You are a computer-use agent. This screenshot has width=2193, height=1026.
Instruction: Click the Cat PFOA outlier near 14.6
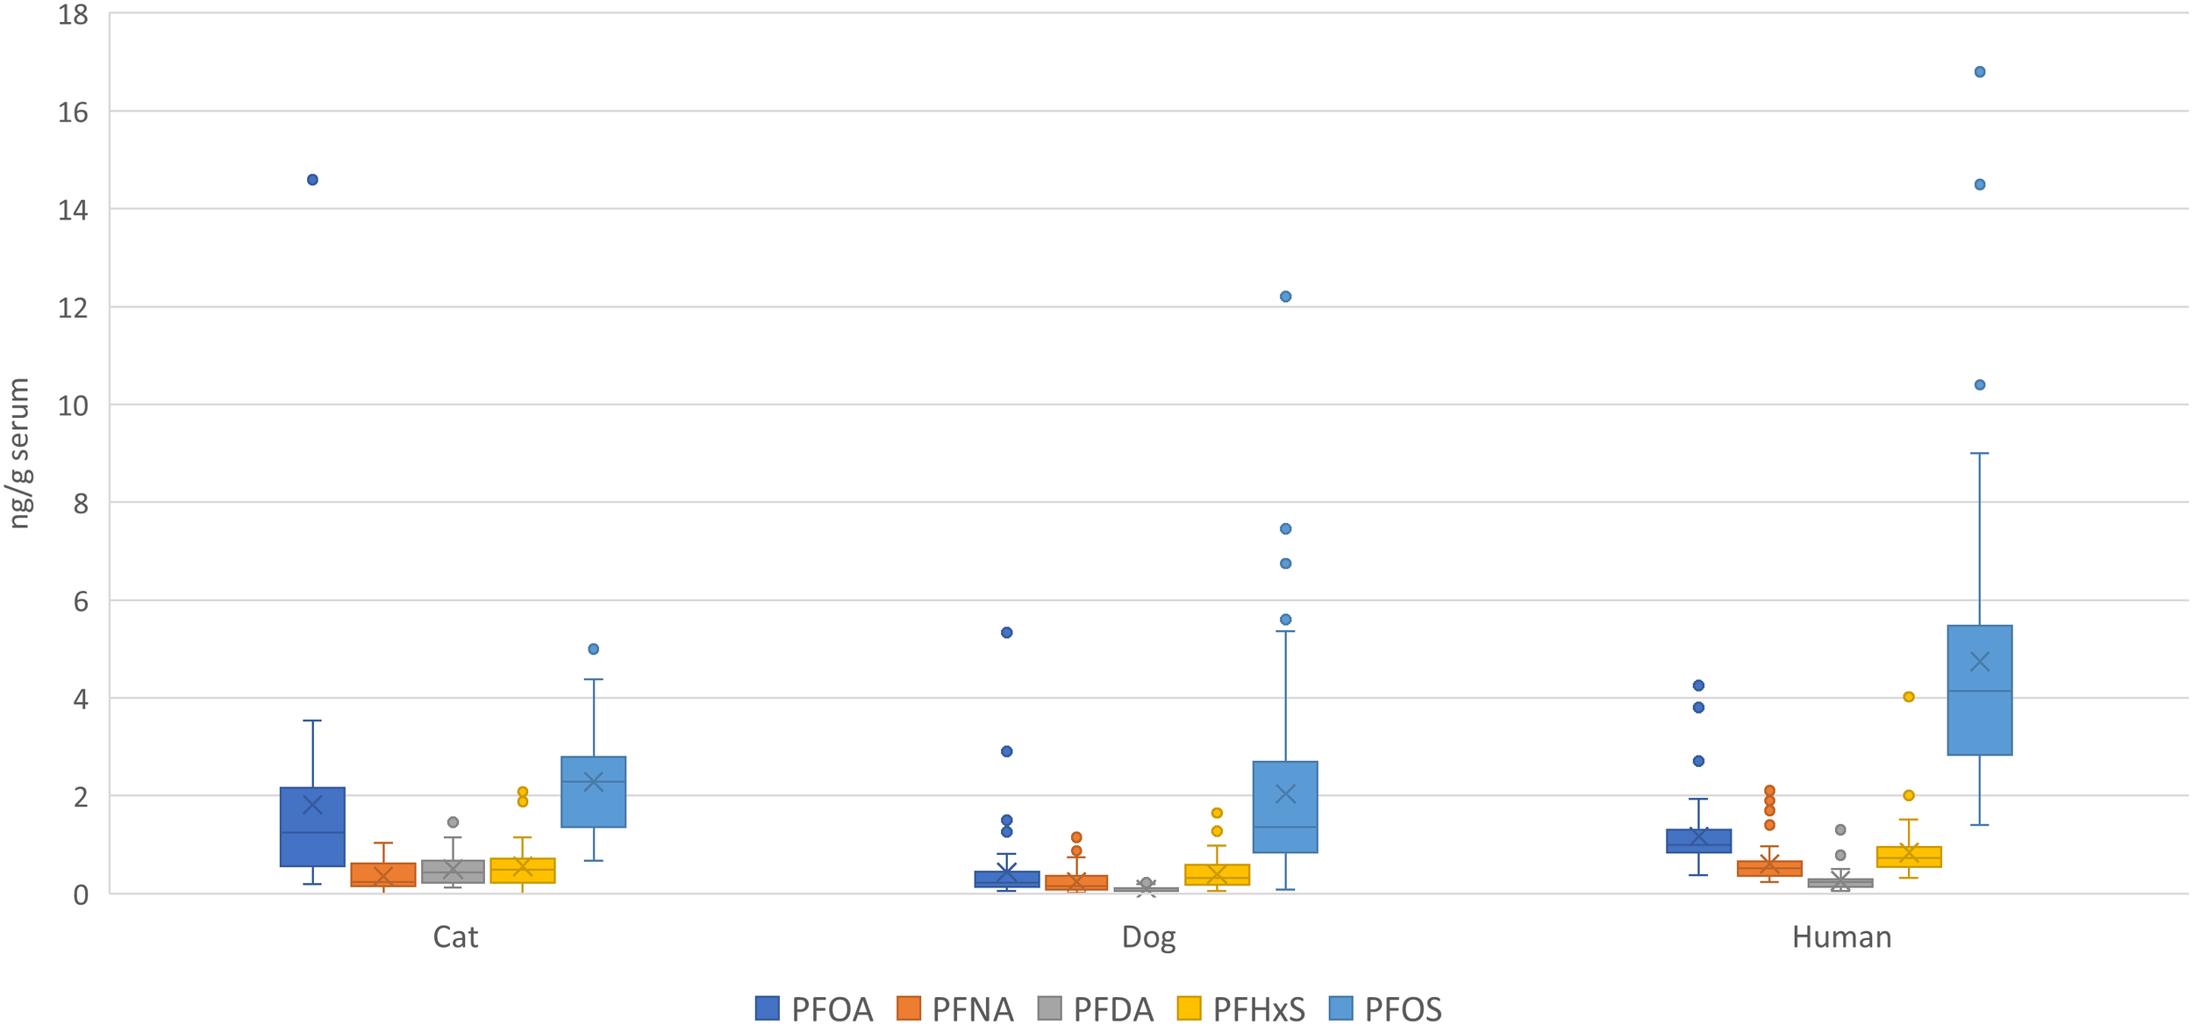click(312, 180)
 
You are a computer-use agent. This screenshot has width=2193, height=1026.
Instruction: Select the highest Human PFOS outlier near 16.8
click(1980, 72)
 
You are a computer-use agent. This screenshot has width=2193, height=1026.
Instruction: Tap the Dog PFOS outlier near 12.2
click(1285, 297)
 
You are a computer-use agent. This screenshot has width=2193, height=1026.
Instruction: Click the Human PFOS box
click(1980, 720)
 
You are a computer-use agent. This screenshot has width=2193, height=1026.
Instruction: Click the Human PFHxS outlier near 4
click(1909, 697)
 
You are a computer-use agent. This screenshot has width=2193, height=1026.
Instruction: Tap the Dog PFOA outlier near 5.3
click(1007, 633)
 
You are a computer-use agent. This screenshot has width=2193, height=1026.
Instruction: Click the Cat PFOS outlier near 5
click(593, 649)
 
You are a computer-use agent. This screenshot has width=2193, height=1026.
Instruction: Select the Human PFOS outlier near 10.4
click(1980, 385)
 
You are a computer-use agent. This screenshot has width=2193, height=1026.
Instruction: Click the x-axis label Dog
click(1148, 937)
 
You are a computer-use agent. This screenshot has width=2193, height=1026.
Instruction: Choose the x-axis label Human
click(1841, 937)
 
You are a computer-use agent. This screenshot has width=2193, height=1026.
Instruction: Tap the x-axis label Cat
click(455, 937)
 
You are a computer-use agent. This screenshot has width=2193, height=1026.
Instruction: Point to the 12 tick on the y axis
click(73, 308)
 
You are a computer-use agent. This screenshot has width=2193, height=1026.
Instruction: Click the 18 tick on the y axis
click(73, 15)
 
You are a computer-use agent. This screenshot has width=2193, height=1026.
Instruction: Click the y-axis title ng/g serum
click(19, 453)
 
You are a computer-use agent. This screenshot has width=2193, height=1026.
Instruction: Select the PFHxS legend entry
click(1240, 1009)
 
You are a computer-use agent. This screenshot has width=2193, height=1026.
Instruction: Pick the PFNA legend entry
click(955, 1009)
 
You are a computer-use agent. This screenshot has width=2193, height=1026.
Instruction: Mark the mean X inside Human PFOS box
click(1980, 662)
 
